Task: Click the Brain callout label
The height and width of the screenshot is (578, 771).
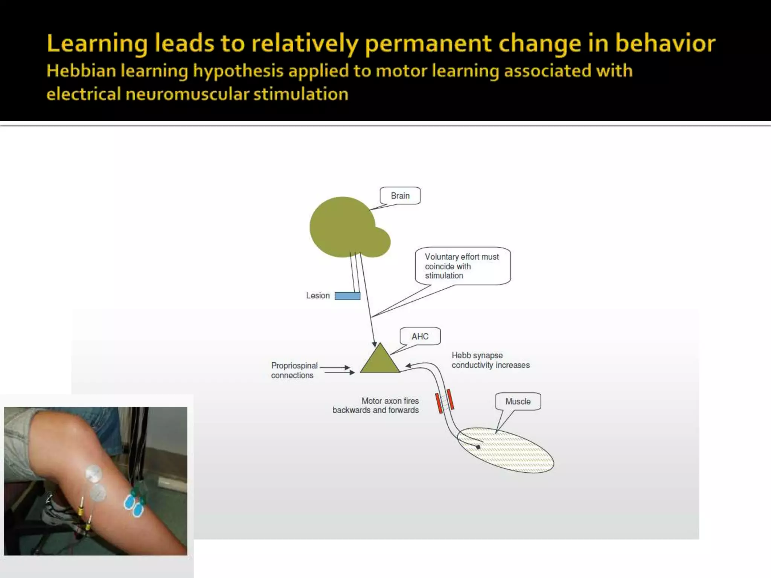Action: pyautogui.click(x=400, y=196)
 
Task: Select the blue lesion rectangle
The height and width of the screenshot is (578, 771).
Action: pyautogui.click(x=347, y=296)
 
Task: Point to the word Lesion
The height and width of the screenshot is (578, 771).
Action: pyautogui.click(x=318, y=296)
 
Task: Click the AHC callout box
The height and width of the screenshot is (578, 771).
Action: pyautogui.click(x=420, y=336)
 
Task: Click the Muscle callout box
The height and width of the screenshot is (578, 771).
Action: pyautogui.click(x=518, y=402)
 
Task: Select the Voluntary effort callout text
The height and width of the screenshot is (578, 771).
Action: pyautogui.click(x=462, y=266)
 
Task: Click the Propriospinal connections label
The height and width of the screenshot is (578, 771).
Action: pyautogui.click(x=294, y=371)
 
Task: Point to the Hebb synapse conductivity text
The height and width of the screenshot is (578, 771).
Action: pyautogui.click(x=490, y=360)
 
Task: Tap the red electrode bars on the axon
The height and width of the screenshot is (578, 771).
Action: pyautogui.click(x=444, y=402)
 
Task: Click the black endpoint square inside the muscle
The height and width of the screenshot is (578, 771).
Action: pyautogui.click(x=478, y=447)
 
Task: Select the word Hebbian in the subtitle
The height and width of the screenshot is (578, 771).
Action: pyautogui.click(x=81, y=71)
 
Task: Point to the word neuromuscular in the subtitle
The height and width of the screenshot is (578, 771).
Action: pyautogui.click(x=187, y=94)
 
